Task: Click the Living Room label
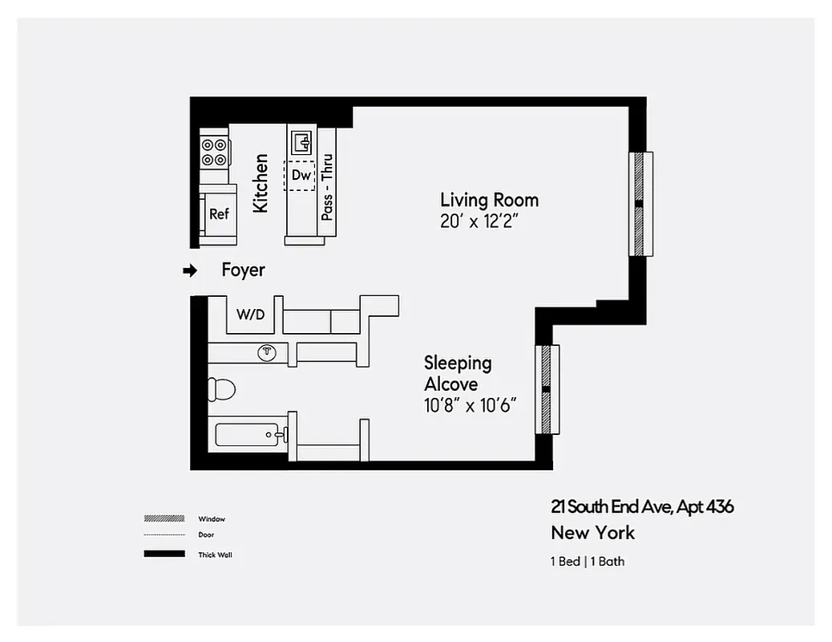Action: pyautogui.click(x=489, y=200)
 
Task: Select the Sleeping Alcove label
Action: pyautogui.click(x=458, y=373)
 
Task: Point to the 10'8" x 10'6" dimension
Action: pyautogui.click(x=469, y=405)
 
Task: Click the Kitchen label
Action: pyautogui.click(x=261, y=184)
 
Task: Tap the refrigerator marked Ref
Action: pyautogui.click(x=219, y=214)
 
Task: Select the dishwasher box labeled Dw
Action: pyautogui.click(x=301, y=175)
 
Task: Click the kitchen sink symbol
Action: pyautogui.click(x=302, y=144)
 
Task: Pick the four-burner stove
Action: pyautogui.click(x=214, y=152)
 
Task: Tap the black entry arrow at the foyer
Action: pyautogui.click(x=190, y=271)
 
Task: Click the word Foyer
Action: pyautogui.click(x=243, y=270)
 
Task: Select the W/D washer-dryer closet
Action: pyautogui.click(x=249, y=315)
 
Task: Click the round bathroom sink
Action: pyautogui.click(x=267, y=352)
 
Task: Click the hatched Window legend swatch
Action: pyautogui.click(x=164, y=518)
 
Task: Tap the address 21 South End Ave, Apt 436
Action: pyautogui.click(x=641, y=506)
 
